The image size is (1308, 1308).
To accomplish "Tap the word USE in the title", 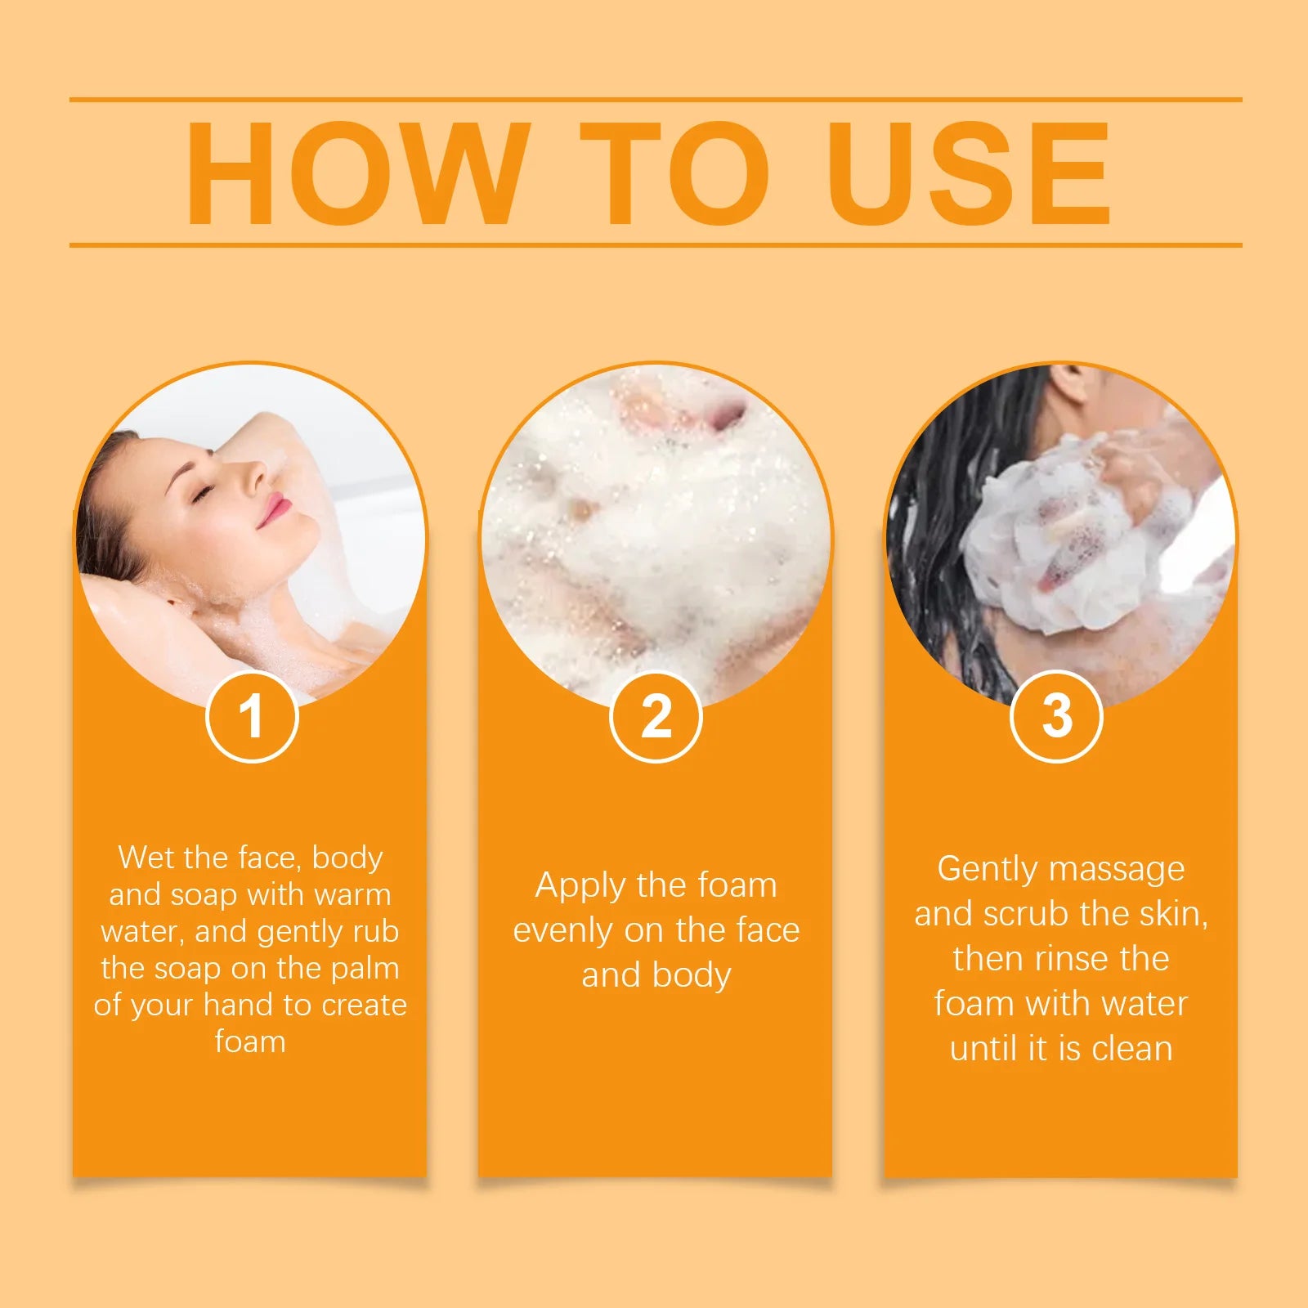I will [969, 173].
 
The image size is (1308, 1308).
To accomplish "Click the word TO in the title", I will [674, 173].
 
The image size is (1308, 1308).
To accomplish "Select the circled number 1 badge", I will [251, 717].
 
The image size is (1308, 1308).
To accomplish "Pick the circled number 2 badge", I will [656, 717].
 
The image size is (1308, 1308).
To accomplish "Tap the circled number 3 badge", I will [1056, 717].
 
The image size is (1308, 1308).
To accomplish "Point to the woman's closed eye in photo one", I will [202, 492].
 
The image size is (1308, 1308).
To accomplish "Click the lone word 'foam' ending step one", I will [250, 1041].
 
